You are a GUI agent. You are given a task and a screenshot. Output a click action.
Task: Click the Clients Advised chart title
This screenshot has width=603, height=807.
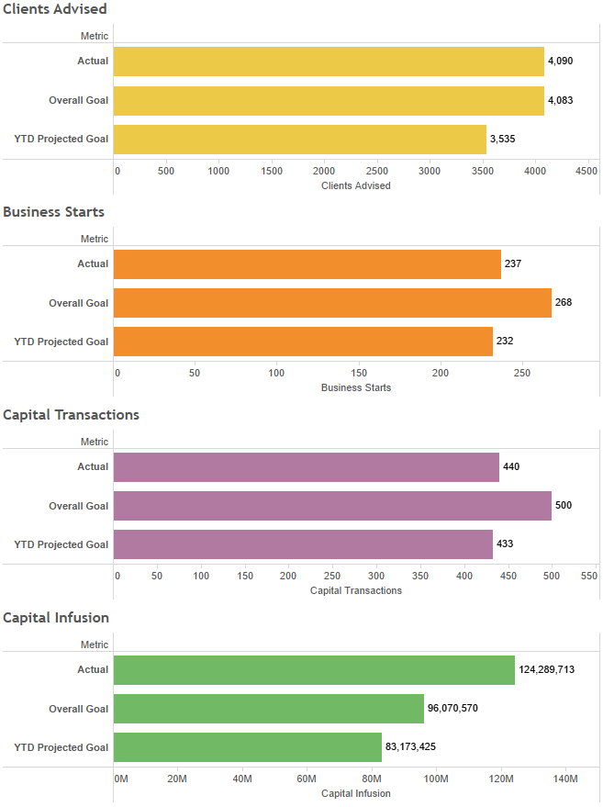(55, 9)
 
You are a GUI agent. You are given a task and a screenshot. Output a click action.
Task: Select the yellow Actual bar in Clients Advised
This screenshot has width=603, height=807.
(329, 62)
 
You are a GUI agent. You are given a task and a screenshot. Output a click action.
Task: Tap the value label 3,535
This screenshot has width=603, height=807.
(503, 140)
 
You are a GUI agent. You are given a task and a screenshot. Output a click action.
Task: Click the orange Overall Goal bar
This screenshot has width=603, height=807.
(332, 303)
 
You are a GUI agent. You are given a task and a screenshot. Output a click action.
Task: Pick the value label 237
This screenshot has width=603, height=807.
(513, 264)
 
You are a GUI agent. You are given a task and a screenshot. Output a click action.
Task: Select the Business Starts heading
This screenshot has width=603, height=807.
(54, 212)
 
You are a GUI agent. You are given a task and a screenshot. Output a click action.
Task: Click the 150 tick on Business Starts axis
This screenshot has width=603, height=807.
(359, 374)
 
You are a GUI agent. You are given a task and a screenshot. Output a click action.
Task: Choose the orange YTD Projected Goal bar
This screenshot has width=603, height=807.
(303, 342)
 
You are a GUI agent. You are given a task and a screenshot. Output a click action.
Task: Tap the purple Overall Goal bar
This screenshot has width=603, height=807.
(332, 506)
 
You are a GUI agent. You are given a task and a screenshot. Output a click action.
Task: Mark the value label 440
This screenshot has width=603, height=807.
(511, 467)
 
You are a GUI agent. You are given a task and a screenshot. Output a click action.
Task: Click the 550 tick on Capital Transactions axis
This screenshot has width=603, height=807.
(589, 577)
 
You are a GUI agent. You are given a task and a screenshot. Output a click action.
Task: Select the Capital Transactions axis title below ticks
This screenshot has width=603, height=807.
(356, 590)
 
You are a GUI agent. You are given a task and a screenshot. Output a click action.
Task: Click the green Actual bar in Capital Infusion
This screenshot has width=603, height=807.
(314, 670)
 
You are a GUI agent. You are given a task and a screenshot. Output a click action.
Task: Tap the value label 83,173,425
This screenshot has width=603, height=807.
(410, 747)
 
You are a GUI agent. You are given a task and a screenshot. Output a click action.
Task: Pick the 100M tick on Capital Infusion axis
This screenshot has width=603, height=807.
(436, 779)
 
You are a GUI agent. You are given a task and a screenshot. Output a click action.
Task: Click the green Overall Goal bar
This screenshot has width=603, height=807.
(269, 709)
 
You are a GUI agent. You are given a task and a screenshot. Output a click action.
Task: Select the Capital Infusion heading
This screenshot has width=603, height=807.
(56, 618)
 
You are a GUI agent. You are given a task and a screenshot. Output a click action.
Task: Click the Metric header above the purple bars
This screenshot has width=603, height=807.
(95, 442)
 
